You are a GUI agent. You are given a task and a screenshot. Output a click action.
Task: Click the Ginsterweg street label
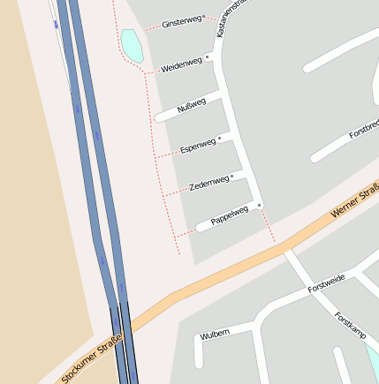click(x=180, y=21)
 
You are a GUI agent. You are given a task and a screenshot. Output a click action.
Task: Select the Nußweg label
click(x=192, y=106)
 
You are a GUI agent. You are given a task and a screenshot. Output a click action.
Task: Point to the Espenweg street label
click(x=197, y=145)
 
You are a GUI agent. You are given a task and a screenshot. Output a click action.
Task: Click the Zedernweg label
click(x=209, y=184)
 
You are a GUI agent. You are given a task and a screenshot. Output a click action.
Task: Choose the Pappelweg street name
click(x=229, y=215)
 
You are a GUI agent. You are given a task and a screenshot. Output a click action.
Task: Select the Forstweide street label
click(x=326, y=283)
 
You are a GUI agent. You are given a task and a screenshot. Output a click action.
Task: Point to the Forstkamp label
click(x=350, y=326)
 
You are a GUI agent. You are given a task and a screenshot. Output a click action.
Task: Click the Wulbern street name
click(x=215, y=334)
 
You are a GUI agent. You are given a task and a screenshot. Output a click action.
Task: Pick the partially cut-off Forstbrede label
click(x=364, y=129)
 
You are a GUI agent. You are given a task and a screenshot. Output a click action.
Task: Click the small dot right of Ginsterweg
click(x=203, y=16)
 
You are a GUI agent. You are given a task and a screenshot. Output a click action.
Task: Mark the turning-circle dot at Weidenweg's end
click(x=208, y=58)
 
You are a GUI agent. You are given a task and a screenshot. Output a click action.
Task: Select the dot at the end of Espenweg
click(x=219, y=139)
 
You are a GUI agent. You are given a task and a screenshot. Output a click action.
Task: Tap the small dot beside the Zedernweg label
click(x=232, y=177)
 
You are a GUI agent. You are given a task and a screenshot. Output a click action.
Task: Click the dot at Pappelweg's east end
click(x=260, y=206)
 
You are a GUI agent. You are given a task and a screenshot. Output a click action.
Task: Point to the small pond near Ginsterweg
click(x=133, y=45)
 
